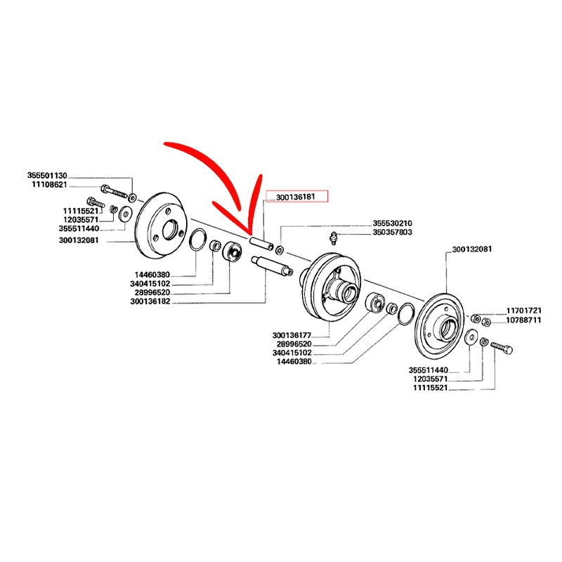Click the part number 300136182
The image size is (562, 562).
(x=152, y=302)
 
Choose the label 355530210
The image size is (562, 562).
(x=392, y=223)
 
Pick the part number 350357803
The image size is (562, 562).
(x=392, y=232)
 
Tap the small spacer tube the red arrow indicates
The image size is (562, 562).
(x=261, y=244)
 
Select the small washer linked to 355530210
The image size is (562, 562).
(x=280, y=251)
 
